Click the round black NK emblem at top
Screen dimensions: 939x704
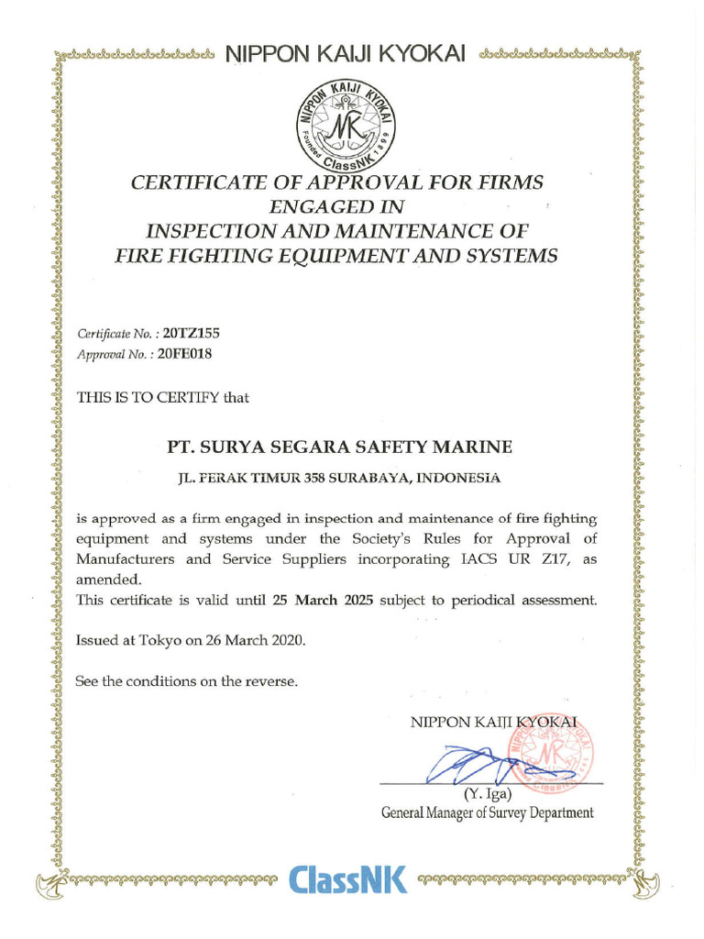346,119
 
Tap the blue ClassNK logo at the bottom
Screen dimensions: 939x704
347,879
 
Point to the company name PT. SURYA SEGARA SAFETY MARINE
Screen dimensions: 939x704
339,447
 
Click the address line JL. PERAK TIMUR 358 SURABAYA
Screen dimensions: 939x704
339,478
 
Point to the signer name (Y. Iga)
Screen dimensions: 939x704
487,794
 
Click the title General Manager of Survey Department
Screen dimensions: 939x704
487,812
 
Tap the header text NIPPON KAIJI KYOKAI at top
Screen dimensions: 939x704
346,54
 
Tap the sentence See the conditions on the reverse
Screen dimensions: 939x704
187,681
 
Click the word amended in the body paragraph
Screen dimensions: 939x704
107,580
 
